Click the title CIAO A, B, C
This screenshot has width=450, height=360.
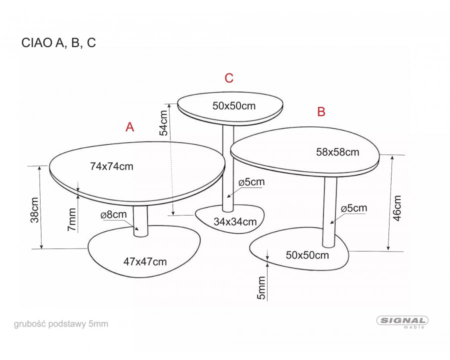58,43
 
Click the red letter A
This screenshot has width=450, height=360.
130,127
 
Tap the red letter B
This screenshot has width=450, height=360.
321,111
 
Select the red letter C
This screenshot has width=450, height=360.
229,78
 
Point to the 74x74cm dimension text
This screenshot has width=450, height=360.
111,166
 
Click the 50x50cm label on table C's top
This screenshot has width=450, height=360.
234,105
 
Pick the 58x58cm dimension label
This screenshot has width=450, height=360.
337,151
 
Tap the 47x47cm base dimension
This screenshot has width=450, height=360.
145,261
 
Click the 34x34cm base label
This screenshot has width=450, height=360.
235,222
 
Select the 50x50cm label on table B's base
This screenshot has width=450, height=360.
307,255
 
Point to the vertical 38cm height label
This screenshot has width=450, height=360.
34,209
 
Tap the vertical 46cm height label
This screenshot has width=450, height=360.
397,207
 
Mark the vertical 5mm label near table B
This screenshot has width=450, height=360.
261,288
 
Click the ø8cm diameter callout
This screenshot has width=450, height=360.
113,214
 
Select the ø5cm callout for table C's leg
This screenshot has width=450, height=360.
251,182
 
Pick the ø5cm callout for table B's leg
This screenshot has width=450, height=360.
353,208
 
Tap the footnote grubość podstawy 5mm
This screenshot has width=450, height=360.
61,324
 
